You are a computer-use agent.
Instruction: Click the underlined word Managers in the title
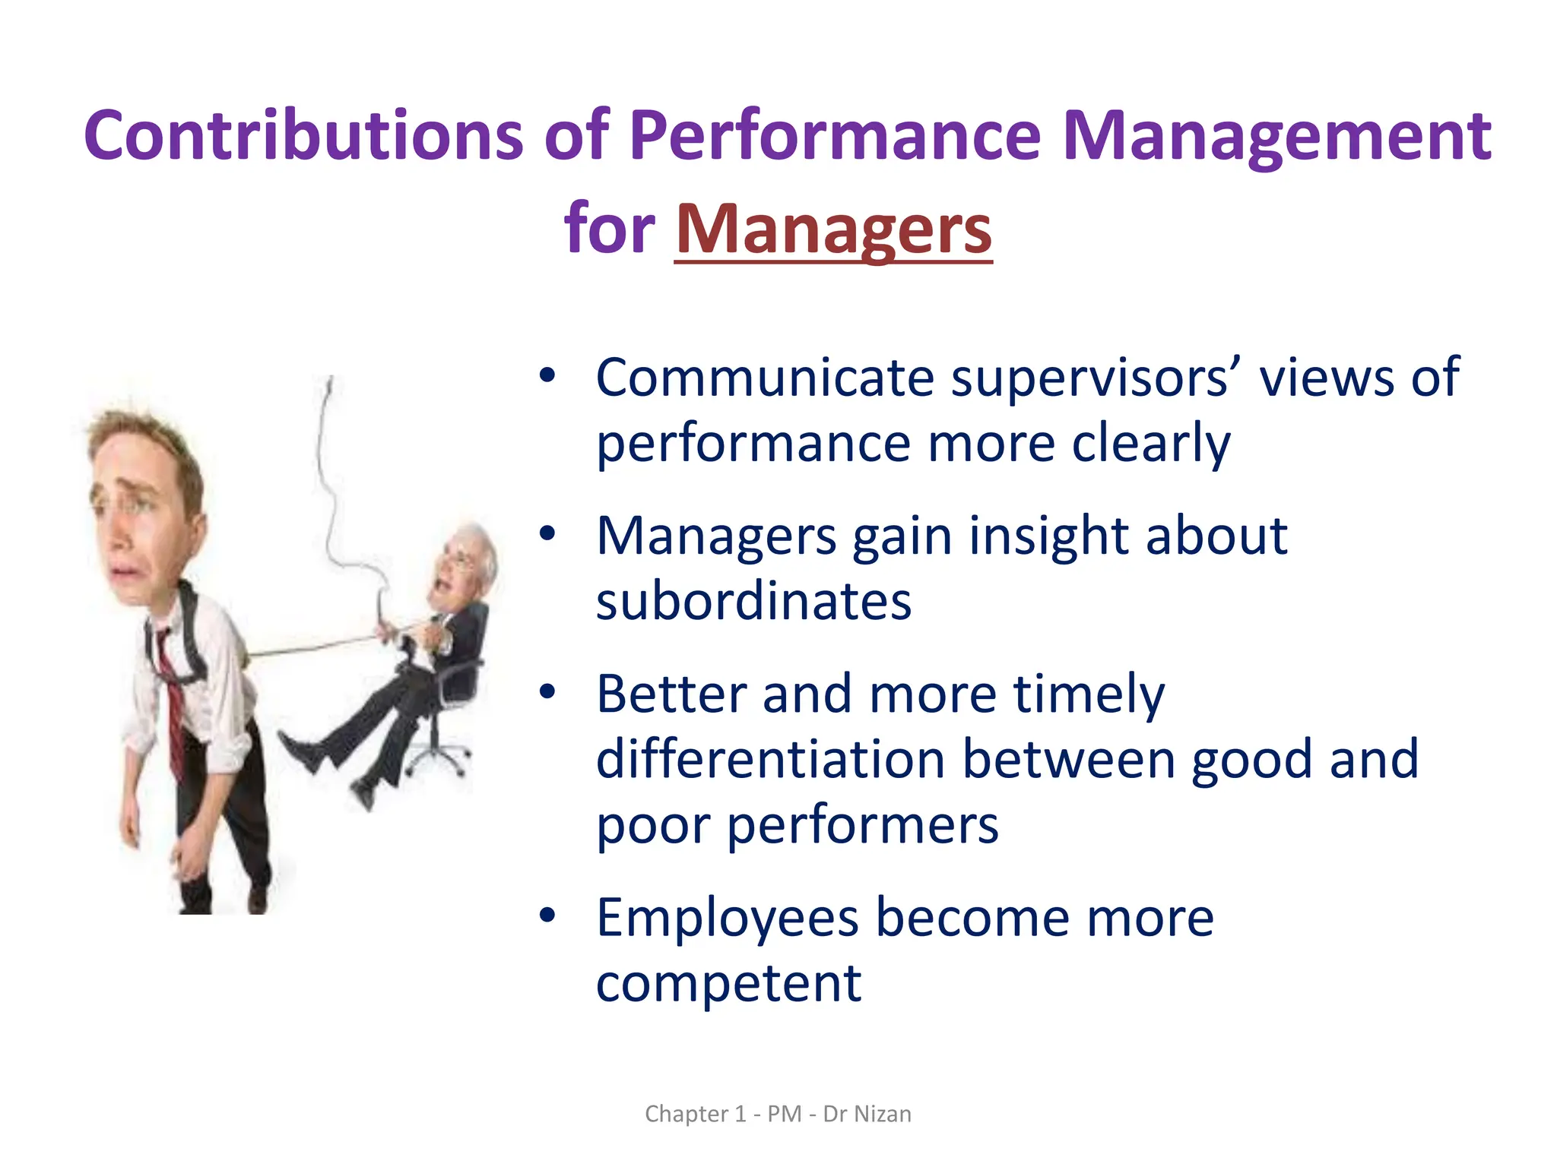[833, 229]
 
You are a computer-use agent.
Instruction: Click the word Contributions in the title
[303, 137]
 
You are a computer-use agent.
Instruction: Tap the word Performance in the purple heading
[835, 137]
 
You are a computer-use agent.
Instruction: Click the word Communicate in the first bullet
[764, 378]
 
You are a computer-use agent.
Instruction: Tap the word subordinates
[753, 602]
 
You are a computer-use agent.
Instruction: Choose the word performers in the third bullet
[862, 825]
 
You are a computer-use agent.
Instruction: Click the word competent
[728, 984]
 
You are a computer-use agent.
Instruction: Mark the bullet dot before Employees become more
[547, 916]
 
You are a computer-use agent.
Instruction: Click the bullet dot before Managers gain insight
[547, 533]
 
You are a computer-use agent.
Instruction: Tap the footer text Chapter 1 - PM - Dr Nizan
[778, 1114]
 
